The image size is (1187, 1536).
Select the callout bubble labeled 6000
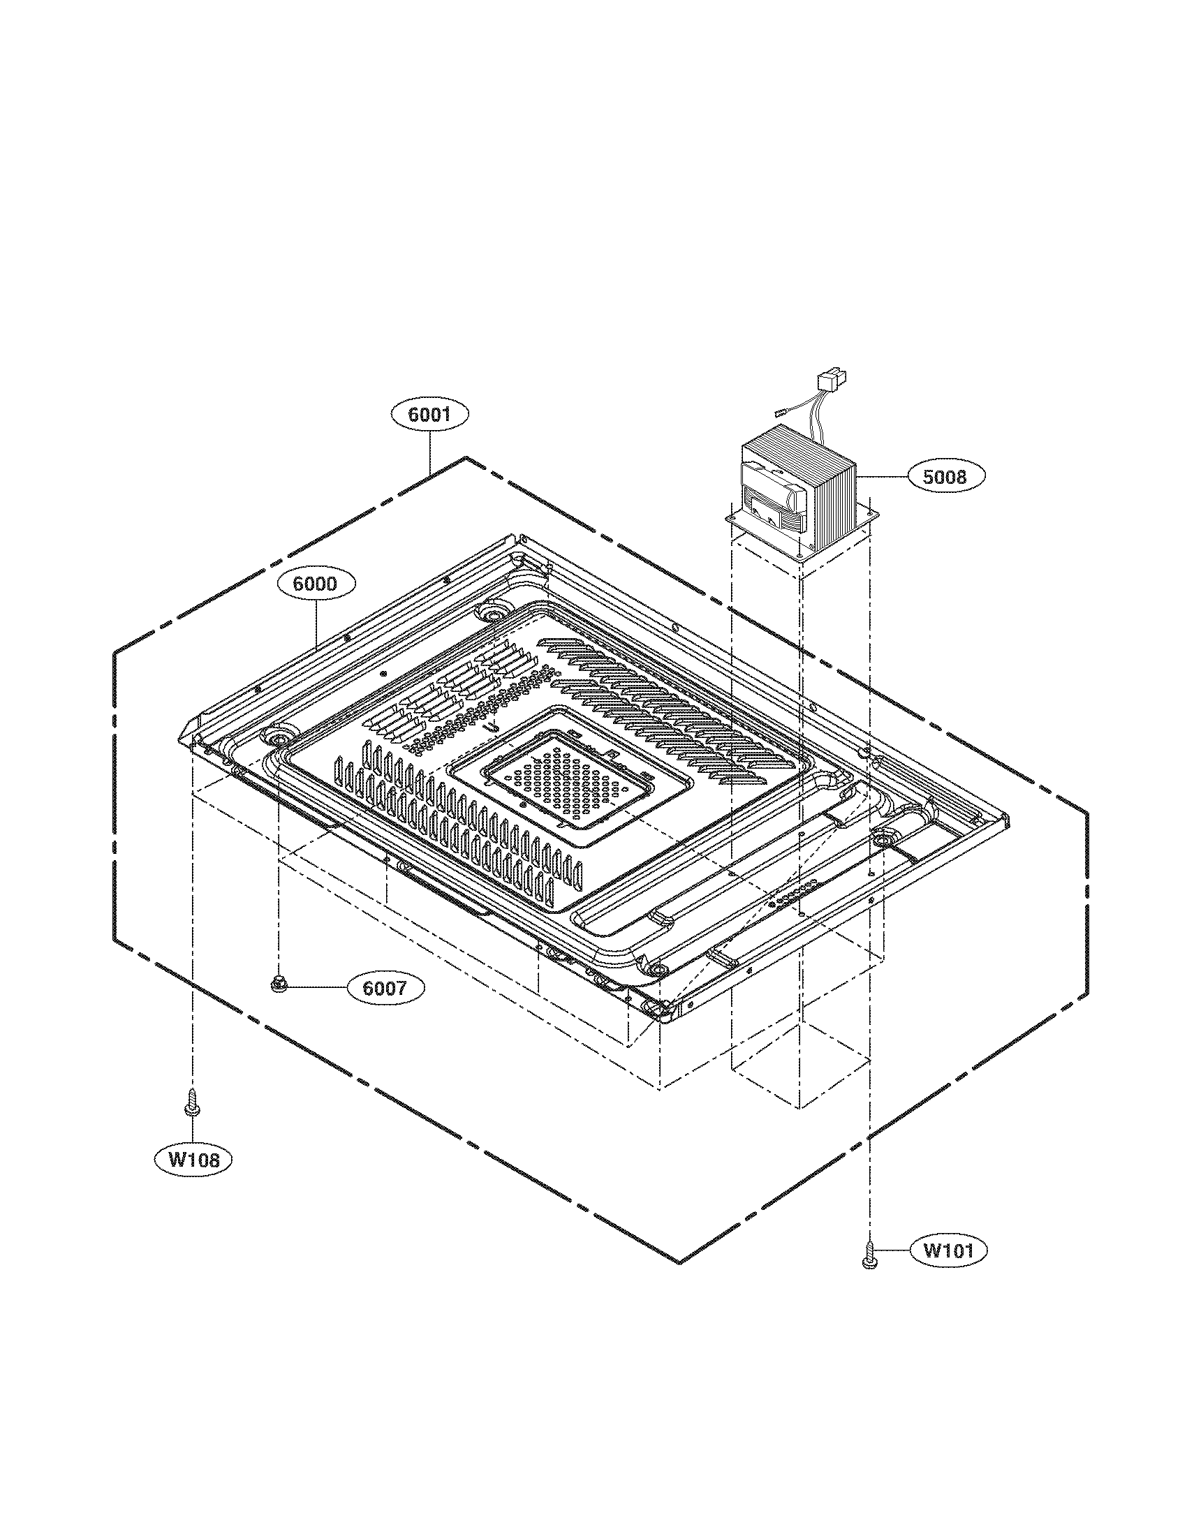[316, 583]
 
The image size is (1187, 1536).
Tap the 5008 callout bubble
[945, 476]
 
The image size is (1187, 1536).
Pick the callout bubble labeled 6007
[385, 988]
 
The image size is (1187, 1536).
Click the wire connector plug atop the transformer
[827, 383]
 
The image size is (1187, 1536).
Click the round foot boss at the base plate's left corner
[279, 738]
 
